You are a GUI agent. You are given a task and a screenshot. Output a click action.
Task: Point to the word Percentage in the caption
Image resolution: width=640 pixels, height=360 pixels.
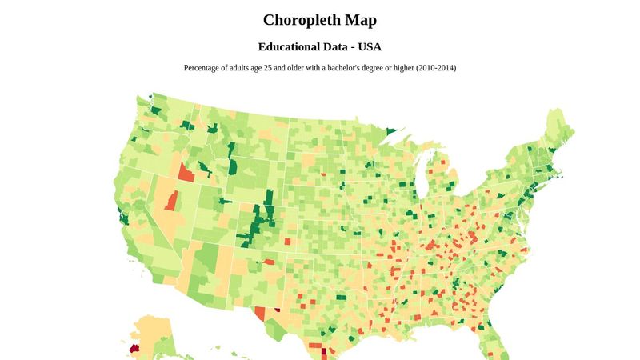[x=205, y=68]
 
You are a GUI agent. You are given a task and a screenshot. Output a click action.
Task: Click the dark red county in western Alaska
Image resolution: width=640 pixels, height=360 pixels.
[x=133, y=350]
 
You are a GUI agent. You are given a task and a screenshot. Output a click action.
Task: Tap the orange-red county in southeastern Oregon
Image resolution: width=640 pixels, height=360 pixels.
[x=185, y=171]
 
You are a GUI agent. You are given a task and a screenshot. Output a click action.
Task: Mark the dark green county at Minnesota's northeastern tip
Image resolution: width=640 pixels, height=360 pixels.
[x=391, y=132]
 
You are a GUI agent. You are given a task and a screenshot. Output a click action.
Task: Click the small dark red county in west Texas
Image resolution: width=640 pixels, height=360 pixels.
[x=277, y=308]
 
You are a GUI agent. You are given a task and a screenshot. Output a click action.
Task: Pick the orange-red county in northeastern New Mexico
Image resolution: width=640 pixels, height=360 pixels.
[x=269, y=262]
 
